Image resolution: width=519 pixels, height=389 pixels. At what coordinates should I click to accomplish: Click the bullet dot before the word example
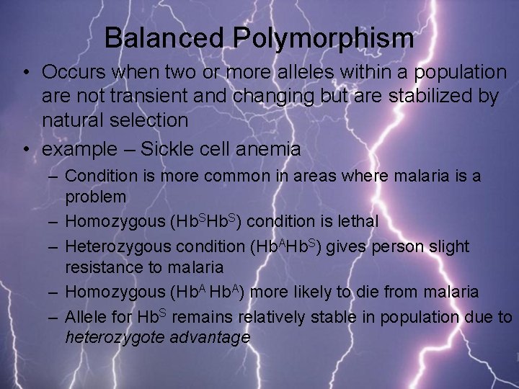pos(26,149)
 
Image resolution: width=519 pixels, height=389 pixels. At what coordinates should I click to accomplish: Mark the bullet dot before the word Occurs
pos(26,72)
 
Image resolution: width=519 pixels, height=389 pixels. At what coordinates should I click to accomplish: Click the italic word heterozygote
pos(115,337)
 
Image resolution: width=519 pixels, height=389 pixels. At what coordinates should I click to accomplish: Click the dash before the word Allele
pos(54,316)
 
